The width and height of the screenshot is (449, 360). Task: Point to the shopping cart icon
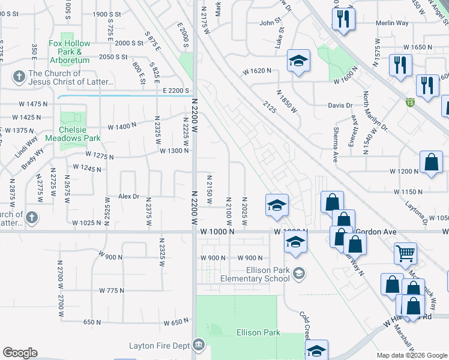pos(406,253)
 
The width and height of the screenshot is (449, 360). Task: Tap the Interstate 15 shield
pos(409,102)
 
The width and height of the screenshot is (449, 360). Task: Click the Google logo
pos(20,353)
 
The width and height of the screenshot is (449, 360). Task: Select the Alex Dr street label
pos(128,196)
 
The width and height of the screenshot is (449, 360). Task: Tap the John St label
pos(270,23)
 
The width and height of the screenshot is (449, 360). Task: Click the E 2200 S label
pos(176,90)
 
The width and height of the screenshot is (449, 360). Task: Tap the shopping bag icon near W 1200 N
pos(432,163)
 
